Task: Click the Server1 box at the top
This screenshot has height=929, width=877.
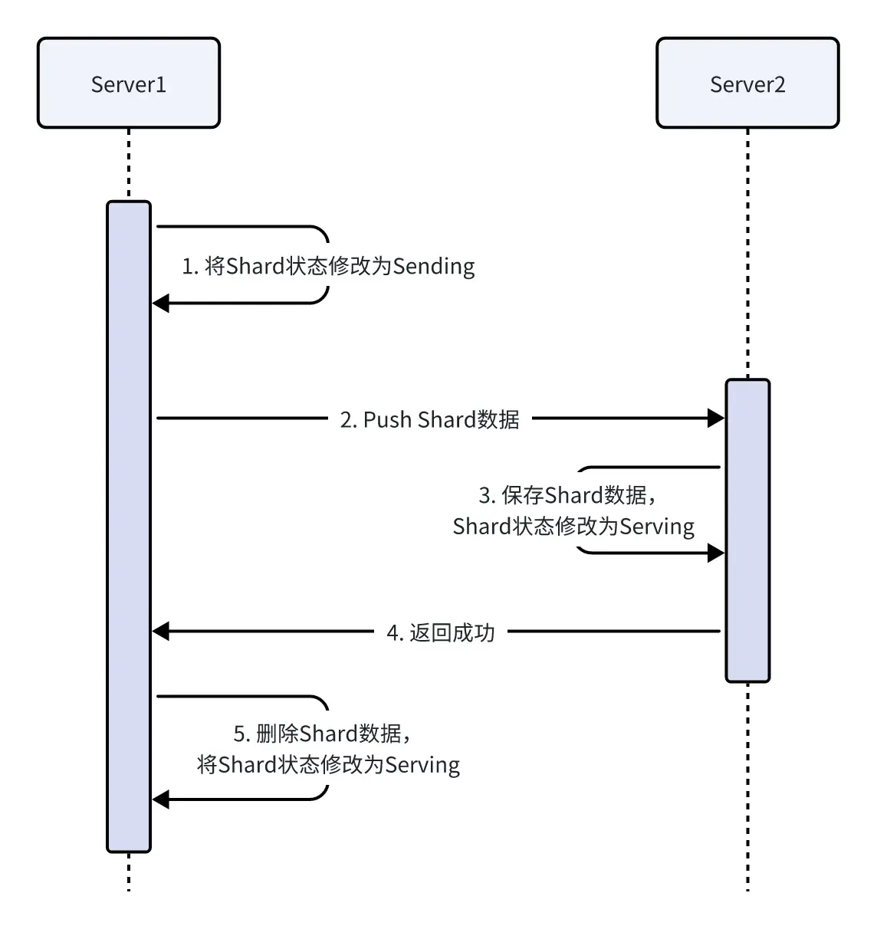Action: click(x=129, y=83)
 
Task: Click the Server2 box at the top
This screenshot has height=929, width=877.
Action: click(x=747, y=83)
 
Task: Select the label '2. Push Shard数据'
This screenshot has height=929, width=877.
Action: click(x=429, y=419)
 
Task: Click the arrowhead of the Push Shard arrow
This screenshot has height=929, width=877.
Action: click(x=716, y=418)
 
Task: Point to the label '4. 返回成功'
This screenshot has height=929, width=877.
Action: click(x=441, y=632)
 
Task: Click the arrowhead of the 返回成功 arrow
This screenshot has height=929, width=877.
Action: click(x=160, y=632)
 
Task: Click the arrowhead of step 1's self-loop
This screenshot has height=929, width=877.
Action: click(x=160, y=304)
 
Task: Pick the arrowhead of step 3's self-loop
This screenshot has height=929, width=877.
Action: click(x=716, y=553)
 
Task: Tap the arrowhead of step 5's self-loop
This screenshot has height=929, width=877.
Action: click(x=160, y=799)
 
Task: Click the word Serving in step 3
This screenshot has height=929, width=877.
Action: click(x=656, y=527)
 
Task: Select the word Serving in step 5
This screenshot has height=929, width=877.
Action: click(x=422, y=765)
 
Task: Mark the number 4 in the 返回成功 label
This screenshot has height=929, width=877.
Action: click(x=393, y=632)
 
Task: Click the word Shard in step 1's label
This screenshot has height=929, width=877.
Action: click(x=255, y=267)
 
